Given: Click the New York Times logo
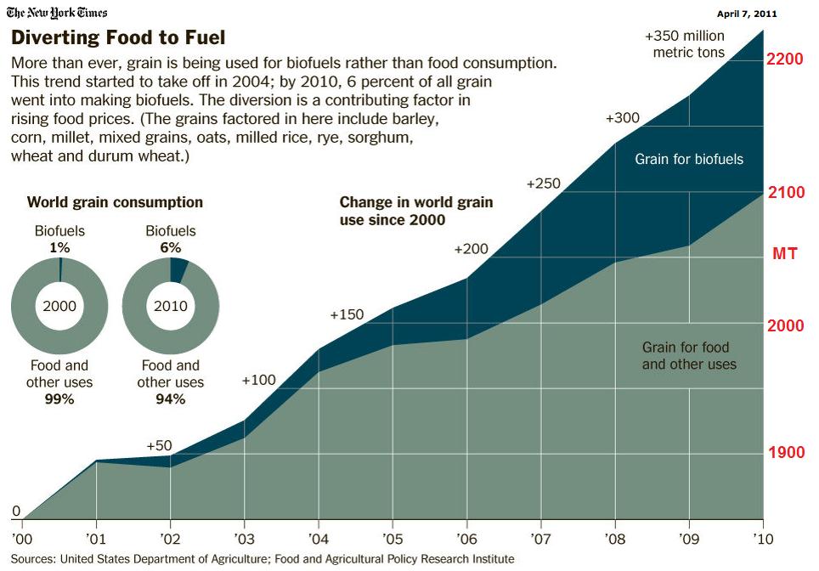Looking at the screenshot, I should tap(57, 14).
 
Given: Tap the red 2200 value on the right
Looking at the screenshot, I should tap(786, 60).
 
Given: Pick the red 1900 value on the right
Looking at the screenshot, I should tap(786, 453).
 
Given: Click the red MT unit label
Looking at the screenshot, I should tap(784, 254).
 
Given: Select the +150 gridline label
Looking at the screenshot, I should tap(347, 315).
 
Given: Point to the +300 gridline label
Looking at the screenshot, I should tap(623, 118).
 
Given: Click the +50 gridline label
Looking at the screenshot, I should tap(160, 445).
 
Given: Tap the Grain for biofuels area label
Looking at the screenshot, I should tap(689, 159).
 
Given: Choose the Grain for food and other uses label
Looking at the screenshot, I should tap(689, 356).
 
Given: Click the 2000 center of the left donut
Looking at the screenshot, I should tap(59, 306).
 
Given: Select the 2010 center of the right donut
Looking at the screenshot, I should tap(171, 306).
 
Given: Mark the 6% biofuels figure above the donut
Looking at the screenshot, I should tap(170, 247).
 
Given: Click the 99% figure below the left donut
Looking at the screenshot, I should tap(59, 399).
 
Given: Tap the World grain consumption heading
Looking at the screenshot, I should tap(115, 202).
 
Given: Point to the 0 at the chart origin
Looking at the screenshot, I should tap(16, 512).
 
